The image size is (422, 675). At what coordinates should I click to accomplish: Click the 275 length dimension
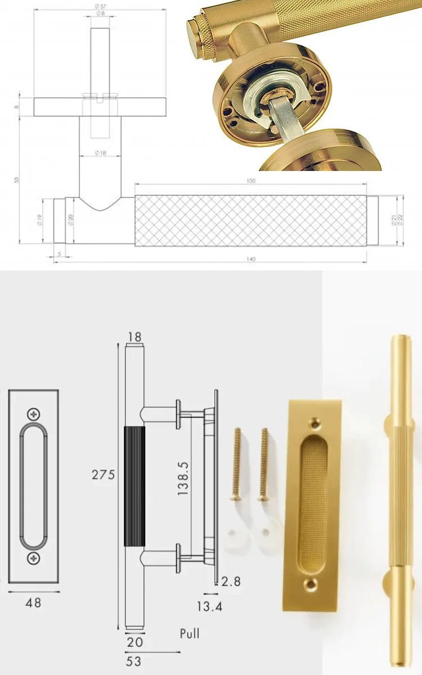coord(104,475)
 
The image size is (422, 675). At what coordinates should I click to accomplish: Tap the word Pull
coord(190,633)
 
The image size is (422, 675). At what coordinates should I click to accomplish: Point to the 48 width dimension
coord(34,602)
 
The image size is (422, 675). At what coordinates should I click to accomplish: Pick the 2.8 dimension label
coord(230,581)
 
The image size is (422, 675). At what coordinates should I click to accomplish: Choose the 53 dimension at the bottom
coord(133,661)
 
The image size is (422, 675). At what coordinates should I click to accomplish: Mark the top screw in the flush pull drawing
coord(35,414)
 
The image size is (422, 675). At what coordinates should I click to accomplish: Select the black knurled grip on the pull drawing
coord(134,486)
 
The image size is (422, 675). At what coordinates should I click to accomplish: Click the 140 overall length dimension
coord(251,259)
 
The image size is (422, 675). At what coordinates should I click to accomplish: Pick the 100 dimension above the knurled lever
coord(251,181)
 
